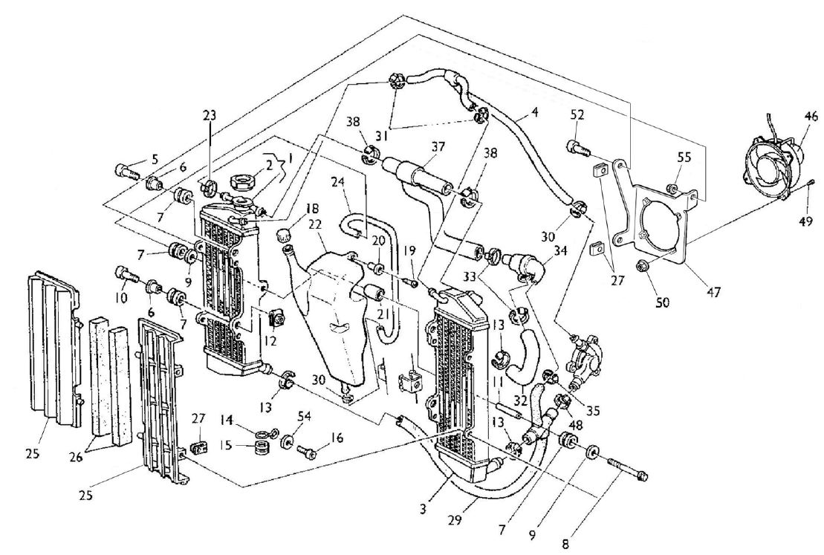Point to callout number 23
coord(210,116)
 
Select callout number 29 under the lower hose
coord(455,520)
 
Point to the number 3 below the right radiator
coord(424,509)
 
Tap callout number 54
coord(305,416)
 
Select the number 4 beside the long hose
coord(535,111)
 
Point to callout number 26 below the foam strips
coord(77,457)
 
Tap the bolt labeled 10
coord(126,275)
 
